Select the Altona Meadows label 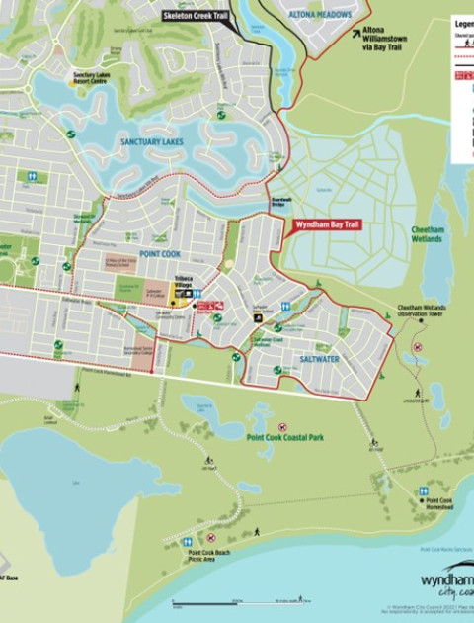tap(321, 15)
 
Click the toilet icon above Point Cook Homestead tap(423, 490)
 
